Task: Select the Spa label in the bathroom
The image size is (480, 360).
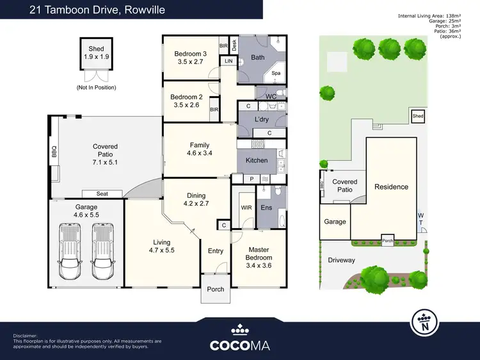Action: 276,73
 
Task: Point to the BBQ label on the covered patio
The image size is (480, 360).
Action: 54,153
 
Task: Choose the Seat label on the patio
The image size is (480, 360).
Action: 102,193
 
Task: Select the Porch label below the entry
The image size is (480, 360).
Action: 216,289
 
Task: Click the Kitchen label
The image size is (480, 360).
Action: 257,160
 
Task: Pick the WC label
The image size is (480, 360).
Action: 271,97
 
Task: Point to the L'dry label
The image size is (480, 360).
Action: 261,120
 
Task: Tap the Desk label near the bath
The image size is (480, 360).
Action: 234,45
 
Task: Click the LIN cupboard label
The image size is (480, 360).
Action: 228,60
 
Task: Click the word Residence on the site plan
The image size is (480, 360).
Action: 391,187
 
